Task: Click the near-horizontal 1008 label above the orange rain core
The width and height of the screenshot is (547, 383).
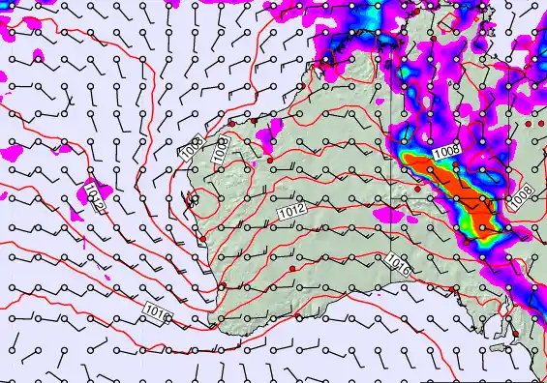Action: pyautogui.click(x=446, y=151)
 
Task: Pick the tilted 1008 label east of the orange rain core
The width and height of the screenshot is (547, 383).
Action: pyautogui.click(x=520, y=196)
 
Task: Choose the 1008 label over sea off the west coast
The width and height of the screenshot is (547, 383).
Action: pyautogui.click(x=191, y=147)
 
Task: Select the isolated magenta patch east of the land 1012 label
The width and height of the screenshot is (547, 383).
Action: pyautogui.click(x=390, y=215)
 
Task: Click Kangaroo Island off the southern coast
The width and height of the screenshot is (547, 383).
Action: pyautogui.click(x=499, y=345)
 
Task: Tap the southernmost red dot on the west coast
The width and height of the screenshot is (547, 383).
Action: pyautogui.click(x=222, y=286)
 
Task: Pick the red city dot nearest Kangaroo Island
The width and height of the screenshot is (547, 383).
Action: pyautogui.click(x=517, y=334)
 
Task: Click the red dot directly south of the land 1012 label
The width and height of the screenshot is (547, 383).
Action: pyautogui.click(x=291, y=267)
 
